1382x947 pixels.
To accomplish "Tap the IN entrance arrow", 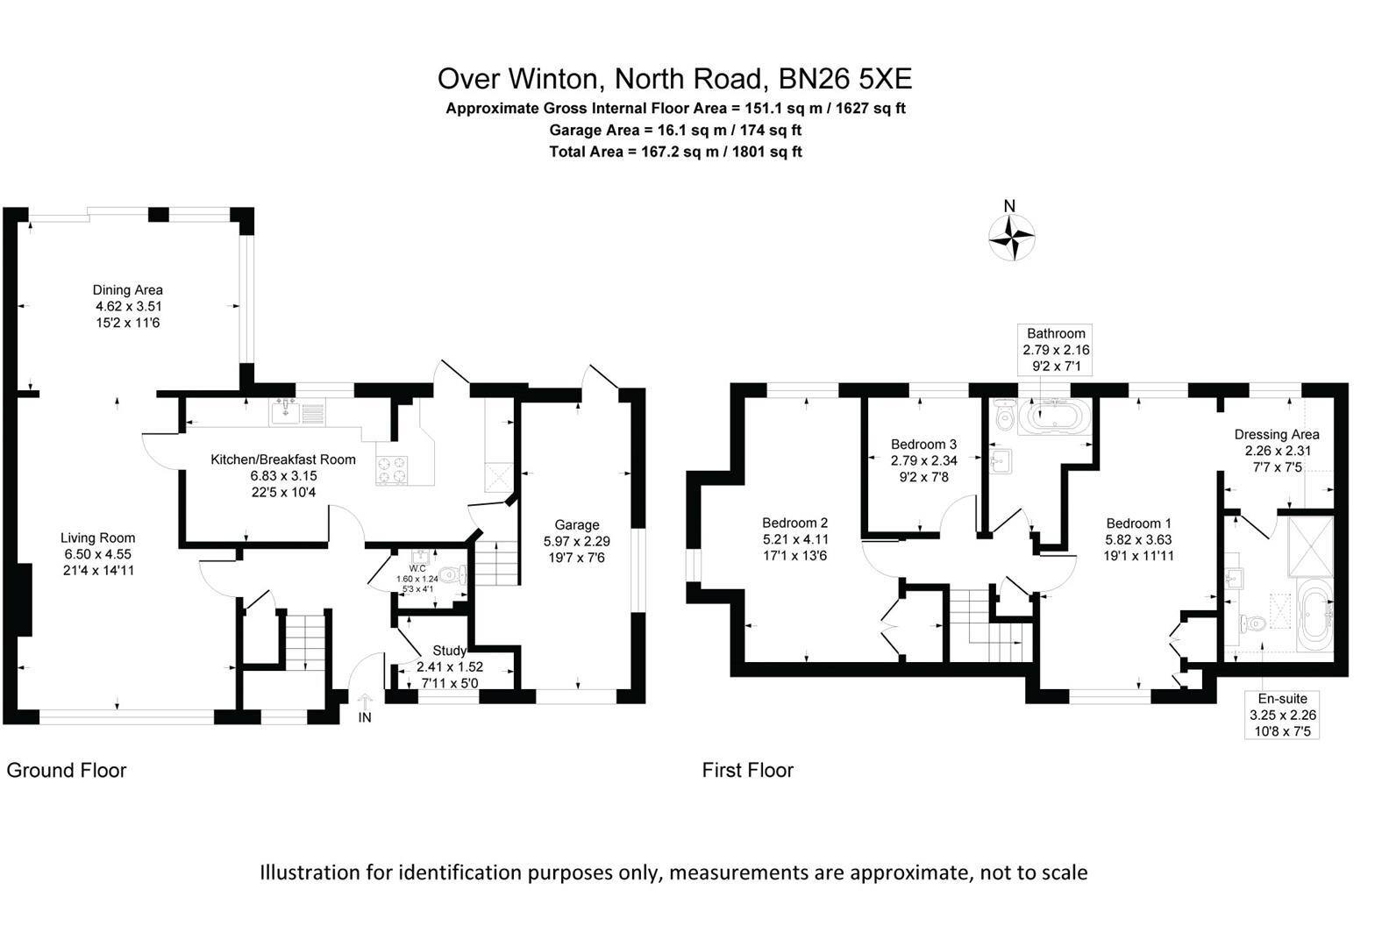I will [x=366, y=701].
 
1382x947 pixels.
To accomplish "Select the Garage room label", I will [x=576, y=525].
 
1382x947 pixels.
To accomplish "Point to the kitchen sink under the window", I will [x=287, y=410].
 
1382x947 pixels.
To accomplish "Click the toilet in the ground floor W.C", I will [x=452, y=576].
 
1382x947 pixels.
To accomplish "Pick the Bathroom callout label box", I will [x=1056, y=349].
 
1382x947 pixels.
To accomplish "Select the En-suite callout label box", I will [x=1282, y=714].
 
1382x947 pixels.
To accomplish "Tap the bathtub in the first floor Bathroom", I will [x=1057, y=419].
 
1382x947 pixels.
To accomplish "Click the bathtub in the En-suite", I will [x=1314, y=617].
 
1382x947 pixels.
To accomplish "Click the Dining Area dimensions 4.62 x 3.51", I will [x=129, y=306].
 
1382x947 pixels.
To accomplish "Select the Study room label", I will [x=449, y=651].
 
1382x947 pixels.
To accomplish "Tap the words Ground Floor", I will [x=67, y=770].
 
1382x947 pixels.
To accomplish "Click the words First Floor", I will [x=747, y=770].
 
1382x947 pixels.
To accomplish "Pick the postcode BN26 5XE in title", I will [x=845, y=79].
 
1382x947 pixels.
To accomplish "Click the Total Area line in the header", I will [x=675, y=152].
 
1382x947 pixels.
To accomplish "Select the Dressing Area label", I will [x=1276, y=434].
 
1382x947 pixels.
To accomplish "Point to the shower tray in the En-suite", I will [x=1310, y=546].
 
